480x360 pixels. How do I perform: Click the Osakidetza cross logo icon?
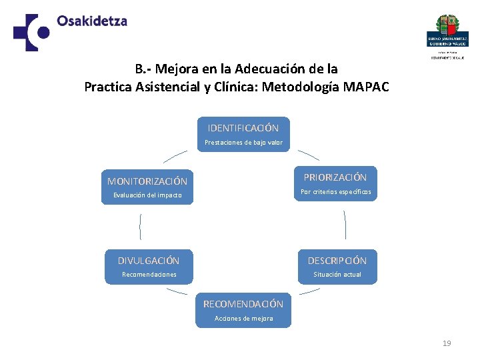(x=31, y=32)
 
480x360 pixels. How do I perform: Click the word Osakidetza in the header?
(x=92, y=21)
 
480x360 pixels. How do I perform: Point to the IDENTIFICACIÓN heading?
(x=243, y=127)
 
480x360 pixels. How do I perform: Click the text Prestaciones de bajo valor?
(x=243, y=143)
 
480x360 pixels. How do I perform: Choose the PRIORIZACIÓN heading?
(x=335, y=177)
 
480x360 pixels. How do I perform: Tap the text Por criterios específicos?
(x=335, y=192)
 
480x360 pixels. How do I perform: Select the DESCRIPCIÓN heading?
(x=337, y=260)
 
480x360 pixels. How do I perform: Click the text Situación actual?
(x=337, y=275)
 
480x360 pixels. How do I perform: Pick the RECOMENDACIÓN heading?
(x=243, y=304)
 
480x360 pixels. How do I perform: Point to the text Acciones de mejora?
(x=243, y=319)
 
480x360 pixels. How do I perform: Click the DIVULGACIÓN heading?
(x=149, y=260)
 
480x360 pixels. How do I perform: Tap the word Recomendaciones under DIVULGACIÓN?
(x=149, y=275)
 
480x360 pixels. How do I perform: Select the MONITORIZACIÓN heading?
(x=147, y=181)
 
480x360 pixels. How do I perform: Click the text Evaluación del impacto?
(x=147, y=195)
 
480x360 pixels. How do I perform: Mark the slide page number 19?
(x=447, y=343)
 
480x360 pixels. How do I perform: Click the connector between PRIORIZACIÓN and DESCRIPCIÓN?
(x=345, y=225)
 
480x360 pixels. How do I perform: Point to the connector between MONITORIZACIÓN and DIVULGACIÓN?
(x=141, y=227)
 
